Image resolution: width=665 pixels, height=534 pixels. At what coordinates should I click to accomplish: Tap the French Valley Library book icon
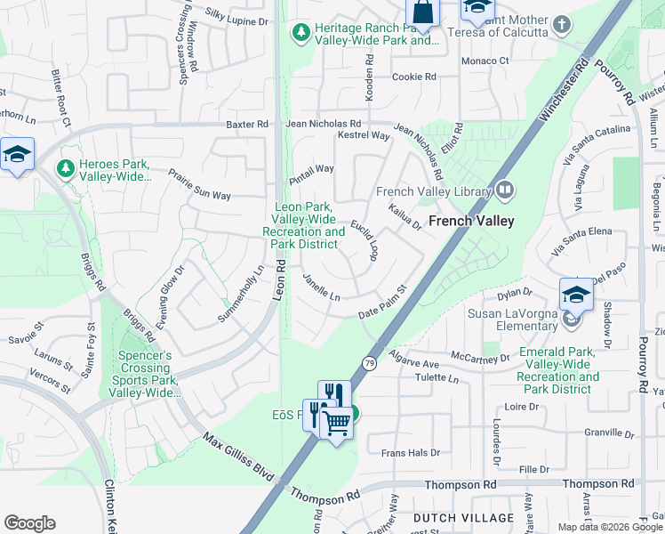click(505, 190)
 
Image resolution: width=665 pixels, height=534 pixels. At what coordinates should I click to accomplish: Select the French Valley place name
click(472, 221)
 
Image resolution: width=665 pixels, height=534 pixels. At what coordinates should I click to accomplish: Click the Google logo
click(30, 523)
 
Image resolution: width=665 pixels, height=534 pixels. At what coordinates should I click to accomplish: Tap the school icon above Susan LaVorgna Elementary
click(575, 293)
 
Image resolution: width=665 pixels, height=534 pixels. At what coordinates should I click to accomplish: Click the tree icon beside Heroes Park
click(64, 167)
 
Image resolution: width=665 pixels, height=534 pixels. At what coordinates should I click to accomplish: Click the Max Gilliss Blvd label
click(237, 457)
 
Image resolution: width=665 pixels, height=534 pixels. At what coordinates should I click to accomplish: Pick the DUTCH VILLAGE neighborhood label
click(463, 518)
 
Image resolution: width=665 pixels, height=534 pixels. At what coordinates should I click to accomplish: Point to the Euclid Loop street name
click(365, 240)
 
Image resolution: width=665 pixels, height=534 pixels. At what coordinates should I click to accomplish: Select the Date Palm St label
click(381, 303)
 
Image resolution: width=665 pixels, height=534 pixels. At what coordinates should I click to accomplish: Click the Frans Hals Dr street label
click(410, 453)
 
